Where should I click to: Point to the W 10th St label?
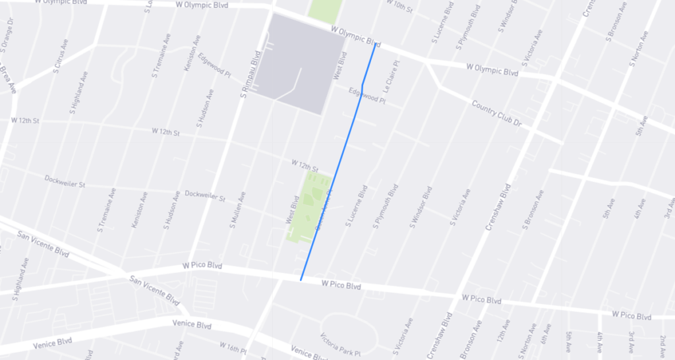click(401, 7)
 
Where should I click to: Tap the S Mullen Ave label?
click(237, 210)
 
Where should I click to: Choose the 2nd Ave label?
click(662, 345)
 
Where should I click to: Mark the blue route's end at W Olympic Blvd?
click(375, 44)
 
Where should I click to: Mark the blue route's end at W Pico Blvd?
click(301, 280)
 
